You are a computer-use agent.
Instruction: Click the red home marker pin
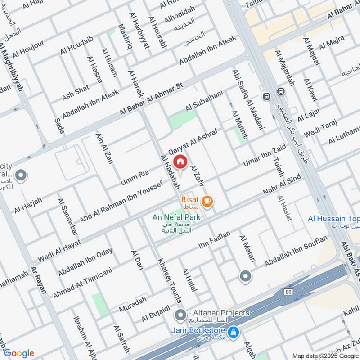coord(180,162)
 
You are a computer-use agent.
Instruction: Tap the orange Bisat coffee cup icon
coord(207,200)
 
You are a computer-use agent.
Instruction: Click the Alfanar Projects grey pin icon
coord(180,314)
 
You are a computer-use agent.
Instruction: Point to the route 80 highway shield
coord(288,292)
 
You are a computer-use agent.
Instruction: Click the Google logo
coord(18,353)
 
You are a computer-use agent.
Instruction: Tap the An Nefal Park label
coord(176,217)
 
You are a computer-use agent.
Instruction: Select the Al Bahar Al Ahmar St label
coord(149,99)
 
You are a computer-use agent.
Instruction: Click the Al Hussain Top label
coord(334,219)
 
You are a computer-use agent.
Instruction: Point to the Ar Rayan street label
coord(39,279)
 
